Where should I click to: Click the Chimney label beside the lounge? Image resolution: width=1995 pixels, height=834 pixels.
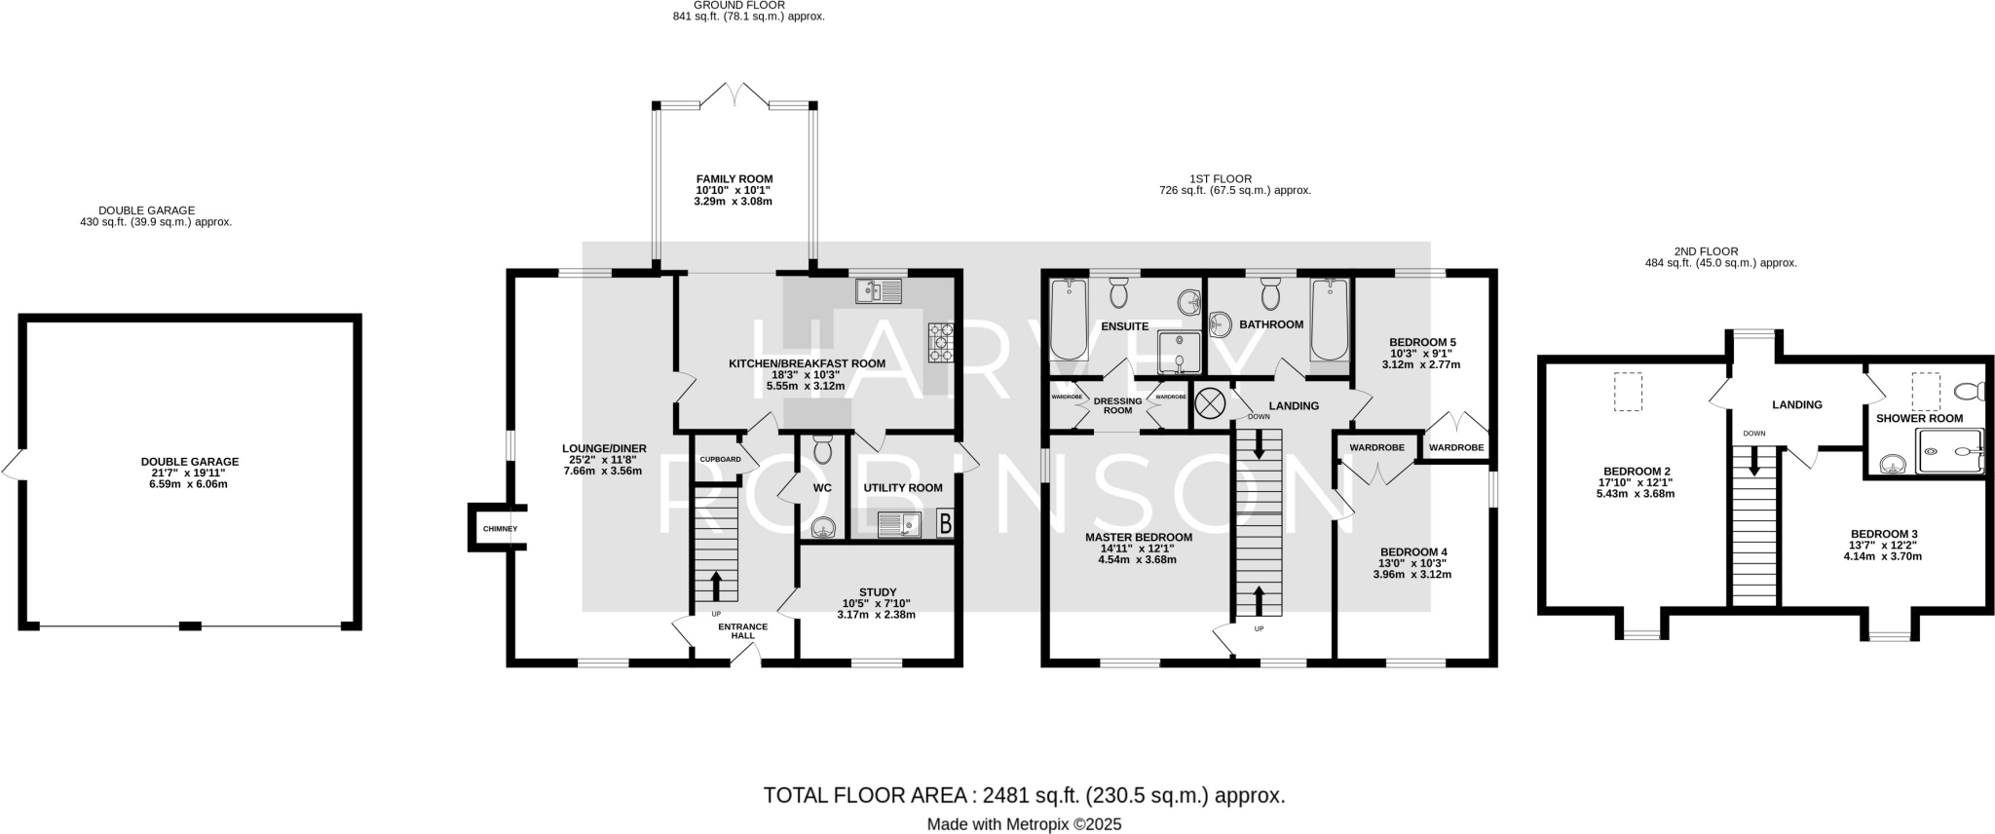click(500, 529)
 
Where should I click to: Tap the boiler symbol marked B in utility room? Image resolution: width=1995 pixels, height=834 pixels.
click(944, 524)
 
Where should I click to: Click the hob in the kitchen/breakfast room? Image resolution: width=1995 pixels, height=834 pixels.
click(942, 342)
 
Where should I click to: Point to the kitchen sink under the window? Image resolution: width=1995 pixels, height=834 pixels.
click(879, 290)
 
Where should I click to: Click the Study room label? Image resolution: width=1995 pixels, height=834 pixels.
click(878, 592)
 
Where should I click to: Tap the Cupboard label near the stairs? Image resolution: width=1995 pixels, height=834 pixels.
click(720, 459)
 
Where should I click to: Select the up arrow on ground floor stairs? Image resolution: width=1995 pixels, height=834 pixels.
click(717, 586)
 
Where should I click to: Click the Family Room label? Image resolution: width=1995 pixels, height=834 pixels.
click(734, 179)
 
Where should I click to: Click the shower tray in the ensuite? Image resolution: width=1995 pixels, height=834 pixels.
click(1180, 352)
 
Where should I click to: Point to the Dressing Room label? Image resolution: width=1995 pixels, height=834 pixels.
click(1117, 406)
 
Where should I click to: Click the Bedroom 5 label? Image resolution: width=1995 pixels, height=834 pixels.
click(1422, 342)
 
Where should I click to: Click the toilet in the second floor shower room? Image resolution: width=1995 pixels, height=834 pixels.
click(1970, 392)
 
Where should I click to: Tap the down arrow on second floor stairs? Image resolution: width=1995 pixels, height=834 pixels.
click(1754, 459)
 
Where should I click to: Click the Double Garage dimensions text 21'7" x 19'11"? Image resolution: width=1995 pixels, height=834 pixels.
click(190, 474)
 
